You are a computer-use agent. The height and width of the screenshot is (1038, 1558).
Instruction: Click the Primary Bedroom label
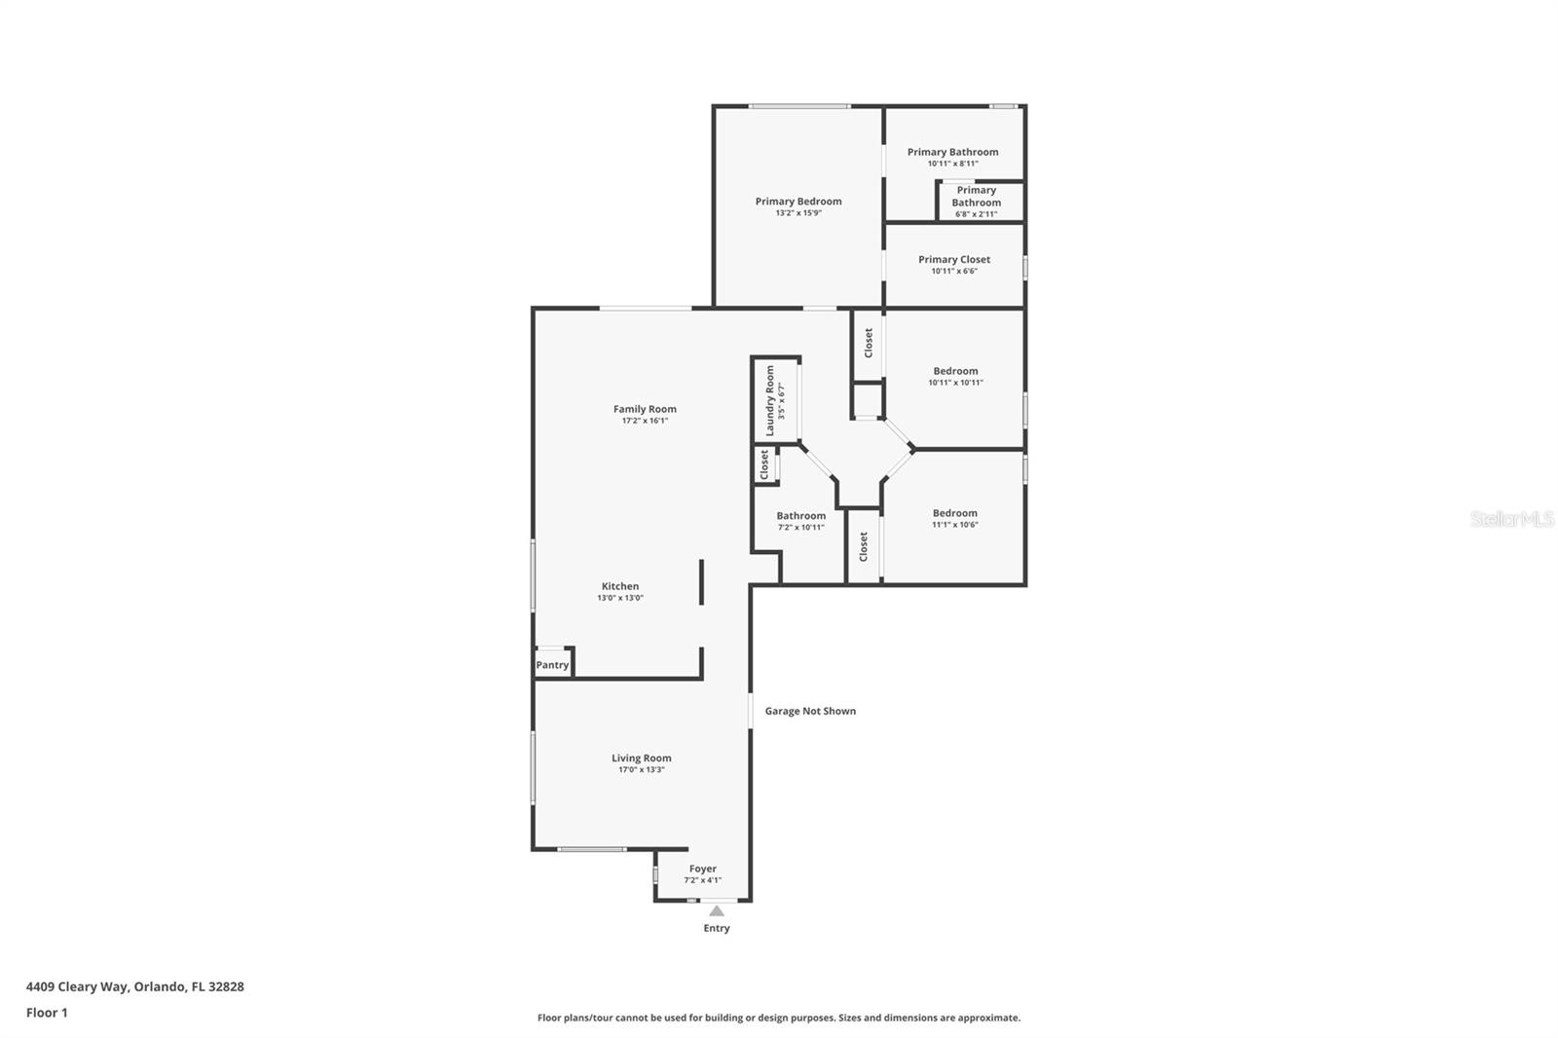pos(798,201)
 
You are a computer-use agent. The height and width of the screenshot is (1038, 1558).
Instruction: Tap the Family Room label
pos(645,409)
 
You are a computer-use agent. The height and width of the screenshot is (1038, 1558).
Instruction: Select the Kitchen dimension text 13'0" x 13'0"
pos(620,598)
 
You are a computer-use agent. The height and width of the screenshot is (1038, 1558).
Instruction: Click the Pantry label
pos(552,665)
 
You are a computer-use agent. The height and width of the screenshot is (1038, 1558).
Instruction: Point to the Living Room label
pos(642,759)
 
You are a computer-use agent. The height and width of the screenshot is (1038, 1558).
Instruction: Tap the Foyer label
pos(702,869)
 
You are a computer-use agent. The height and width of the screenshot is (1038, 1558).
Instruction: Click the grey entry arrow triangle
pos(717,910)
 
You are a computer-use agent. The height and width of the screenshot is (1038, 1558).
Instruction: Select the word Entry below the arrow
pos(717,928)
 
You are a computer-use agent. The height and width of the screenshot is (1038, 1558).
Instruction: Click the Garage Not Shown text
pos(810,711)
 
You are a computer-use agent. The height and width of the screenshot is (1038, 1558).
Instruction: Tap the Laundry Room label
pos(770,401)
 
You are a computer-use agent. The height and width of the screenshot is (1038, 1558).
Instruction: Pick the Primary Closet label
pos(954,259)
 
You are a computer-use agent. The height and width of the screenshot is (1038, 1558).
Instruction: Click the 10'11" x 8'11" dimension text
pos(953,164)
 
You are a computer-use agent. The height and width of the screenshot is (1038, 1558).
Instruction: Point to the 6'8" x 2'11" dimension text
pos(977,214)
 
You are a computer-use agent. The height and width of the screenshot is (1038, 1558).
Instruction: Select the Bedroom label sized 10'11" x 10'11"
pos(955,371)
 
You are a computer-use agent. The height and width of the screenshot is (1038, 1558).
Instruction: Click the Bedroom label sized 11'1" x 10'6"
pos(955,513)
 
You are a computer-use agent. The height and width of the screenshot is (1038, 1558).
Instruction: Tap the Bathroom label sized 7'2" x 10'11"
pos(801,515)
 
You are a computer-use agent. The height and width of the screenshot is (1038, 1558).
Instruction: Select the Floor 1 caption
pos(47,1013)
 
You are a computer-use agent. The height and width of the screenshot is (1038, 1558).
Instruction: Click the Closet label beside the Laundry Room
pos(764,464)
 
